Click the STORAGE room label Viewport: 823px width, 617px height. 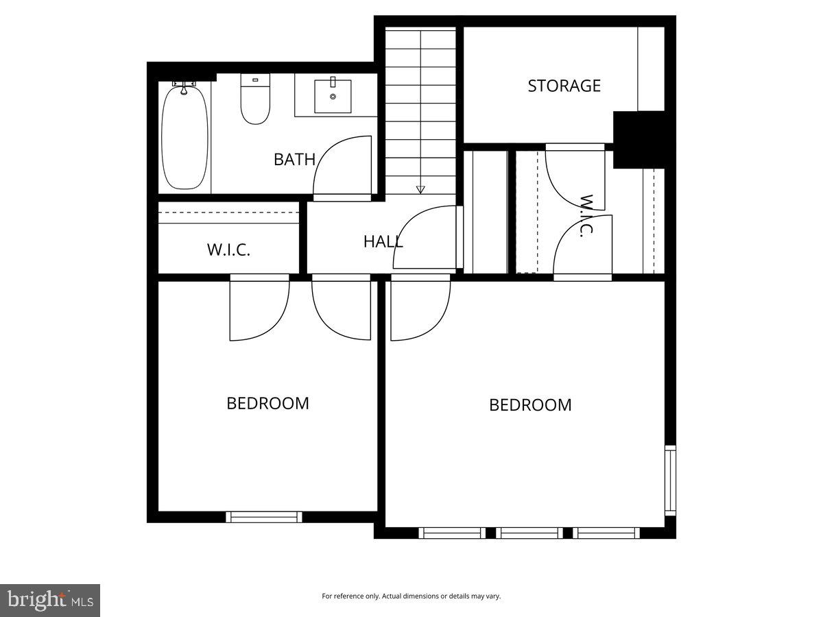pos(564,86)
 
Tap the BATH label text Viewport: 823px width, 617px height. pos(294,160)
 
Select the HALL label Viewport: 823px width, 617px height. pos(383,241)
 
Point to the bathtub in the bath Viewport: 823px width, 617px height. pos(184,136)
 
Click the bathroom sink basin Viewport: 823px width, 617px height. pos(333,96)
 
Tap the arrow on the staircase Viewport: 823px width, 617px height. pos(420,189)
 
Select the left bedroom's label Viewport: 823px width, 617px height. pos(267,403)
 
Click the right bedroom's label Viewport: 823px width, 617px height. pos(530,405)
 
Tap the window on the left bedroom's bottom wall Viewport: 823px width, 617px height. pos(264,517)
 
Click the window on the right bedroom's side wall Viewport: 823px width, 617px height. pos(670,480)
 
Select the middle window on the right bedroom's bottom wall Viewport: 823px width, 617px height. pos(529,533)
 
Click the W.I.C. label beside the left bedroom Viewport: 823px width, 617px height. pos(228,250)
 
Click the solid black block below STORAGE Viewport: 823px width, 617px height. pos(638,139)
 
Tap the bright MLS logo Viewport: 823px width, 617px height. pos(50,601)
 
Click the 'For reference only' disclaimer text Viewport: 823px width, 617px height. pos(411,596)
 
